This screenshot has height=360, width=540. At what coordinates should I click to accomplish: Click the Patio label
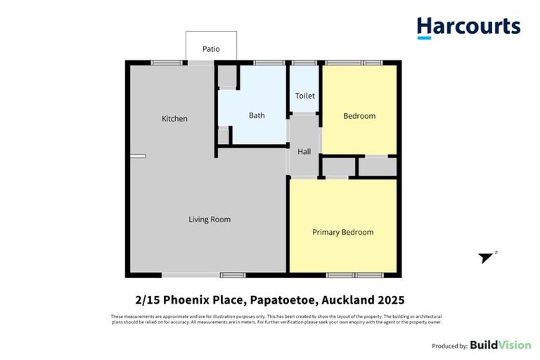211,49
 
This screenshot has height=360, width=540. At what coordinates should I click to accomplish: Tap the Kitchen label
174,119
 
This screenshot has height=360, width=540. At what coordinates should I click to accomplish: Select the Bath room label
257,115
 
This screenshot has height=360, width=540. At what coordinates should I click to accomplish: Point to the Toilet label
304,96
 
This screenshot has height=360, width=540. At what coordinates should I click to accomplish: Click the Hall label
304,152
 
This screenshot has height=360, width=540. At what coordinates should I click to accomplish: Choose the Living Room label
210,219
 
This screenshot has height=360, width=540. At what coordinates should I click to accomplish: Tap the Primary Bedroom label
342,232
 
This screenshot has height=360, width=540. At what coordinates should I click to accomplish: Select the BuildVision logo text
501,345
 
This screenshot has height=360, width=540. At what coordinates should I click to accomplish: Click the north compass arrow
486,257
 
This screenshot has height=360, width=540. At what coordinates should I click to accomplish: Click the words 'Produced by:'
449,346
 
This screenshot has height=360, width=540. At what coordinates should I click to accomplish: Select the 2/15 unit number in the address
146,300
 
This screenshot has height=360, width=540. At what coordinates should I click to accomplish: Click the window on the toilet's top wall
304,63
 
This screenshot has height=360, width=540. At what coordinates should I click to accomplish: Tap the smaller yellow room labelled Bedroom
359,116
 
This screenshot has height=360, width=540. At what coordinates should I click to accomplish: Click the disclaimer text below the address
270,320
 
